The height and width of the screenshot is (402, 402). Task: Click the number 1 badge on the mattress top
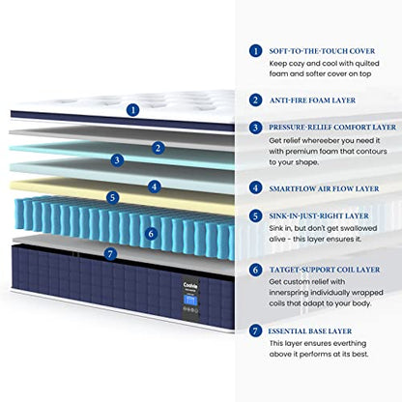coord(132,110)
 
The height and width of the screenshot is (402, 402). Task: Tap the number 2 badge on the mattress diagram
coord(158,148)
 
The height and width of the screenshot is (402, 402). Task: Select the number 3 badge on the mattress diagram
coord(117,160)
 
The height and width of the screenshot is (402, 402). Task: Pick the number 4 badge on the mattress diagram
coord(155,187)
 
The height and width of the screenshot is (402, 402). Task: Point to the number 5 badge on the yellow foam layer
coord(112,197)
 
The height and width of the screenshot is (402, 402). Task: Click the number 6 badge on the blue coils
coord(151,234)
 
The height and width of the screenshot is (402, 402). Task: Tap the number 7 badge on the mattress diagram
coord(110,254)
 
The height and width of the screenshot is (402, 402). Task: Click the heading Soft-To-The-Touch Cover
coord(322,51)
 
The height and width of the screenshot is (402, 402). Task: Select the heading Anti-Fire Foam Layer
coord(312,100)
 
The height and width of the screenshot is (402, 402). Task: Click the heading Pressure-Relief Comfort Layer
coord(332,128)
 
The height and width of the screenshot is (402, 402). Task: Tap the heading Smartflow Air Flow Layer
coord(324,188)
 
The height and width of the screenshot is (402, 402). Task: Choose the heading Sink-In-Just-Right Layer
coord(319,215)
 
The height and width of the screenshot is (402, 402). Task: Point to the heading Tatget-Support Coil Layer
coord(325,270)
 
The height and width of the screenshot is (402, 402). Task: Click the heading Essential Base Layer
coord(310,331)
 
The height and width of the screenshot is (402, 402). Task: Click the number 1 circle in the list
coord(255,51)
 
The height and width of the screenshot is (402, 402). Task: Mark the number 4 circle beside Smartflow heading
coord(255,187)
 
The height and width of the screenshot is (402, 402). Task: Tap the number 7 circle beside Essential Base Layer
coord(255,330)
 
